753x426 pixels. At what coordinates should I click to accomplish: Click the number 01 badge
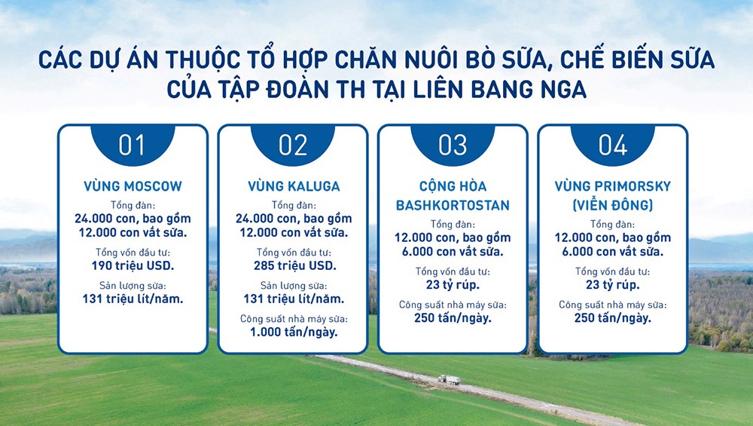tap(132, 145)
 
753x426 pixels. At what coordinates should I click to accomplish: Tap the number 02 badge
tap(293, 145)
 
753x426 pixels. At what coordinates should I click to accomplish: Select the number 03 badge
tap(453, 145)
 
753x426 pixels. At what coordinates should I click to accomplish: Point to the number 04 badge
tap(612, 145)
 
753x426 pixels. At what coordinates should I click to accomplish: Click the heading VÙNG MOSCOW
tap(133, 186)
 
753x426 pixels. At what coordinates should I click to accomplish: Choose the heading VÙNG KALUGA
tap(293, 186)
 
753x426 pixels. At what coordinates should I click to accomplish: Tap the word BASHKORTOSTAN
tap(453, 205)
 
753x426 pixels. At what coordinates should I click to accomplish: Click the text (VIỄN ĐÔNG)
tap(612, 205)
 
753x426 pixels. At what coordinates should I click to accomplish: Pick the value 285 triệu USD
tap(293, 265)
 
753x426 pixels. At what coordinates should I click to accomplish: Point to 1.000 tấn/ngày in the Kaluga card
tap(293, 332)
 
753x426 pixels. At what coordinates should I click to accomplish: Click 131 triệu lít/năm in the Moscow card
tap(133, 299)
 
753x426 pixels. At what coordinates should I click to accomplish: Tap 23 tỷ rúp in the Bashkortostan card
tap(453, 284)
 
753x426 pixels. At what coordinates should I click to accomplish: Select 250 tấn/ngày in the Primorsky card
tap(612, 317)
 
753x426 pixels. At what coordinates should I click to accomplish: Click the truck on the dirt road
tap(449, 380)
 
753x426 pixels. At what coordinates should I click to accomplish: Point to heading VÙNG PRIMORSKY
tap(612, 186)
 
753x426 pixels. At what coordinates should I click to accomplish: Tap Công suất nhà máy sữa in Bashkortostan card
tap(453, 305)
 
